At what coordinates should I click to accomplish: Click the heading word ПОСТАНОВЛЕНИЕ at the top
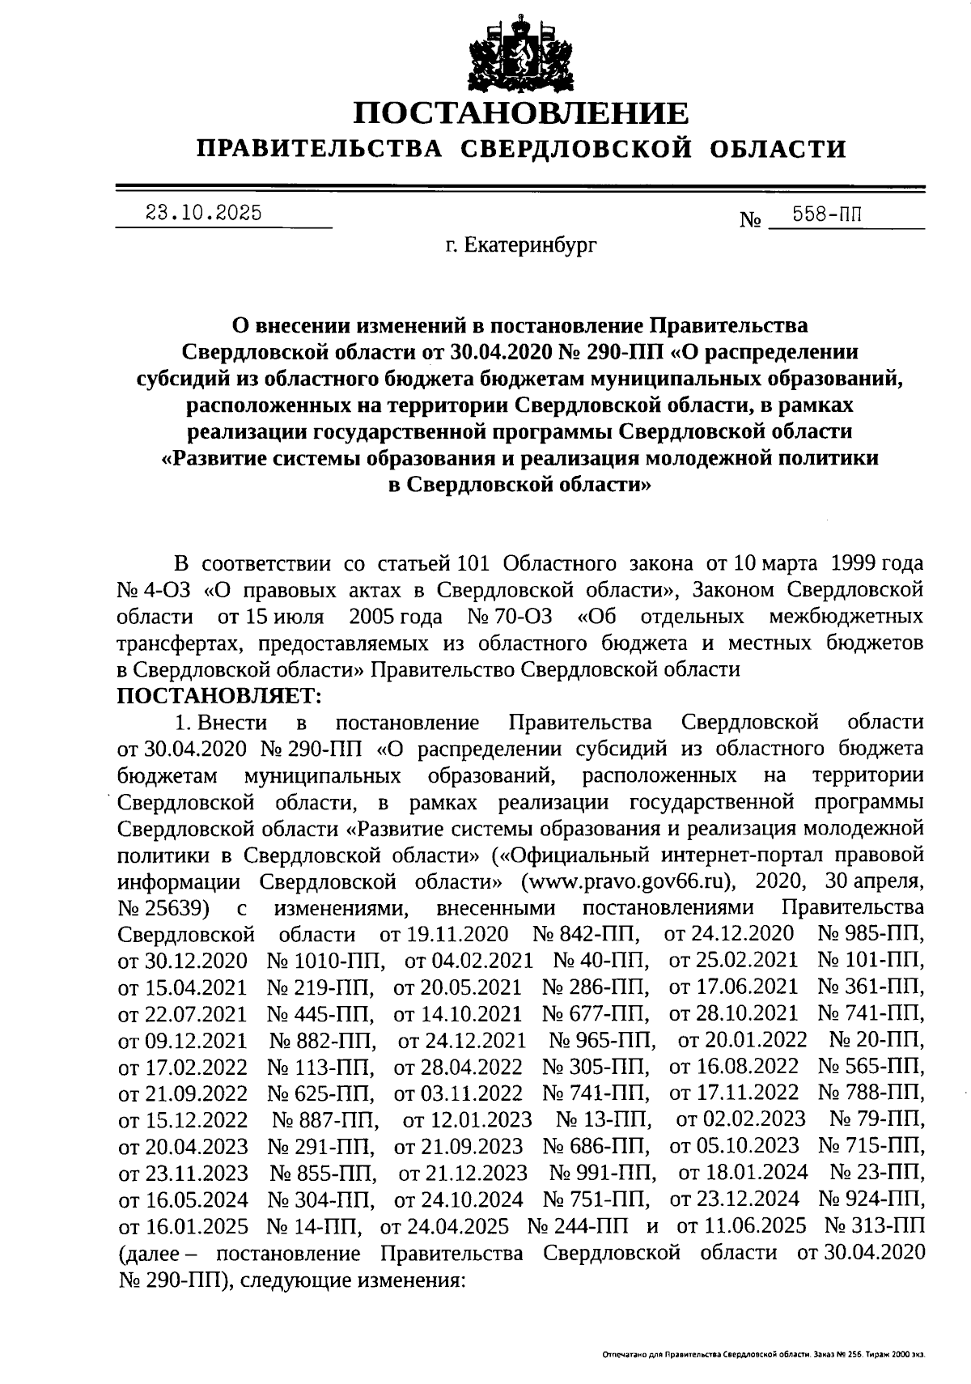click(521, 114)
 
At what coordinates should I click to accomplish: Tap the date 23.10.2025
click(203, 213)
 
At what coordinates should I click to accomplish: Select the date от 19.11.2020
click(444, 934)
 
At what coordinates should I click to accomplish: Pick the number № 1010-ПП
click(325, 961)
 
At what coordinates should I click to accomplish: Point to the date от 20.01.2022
click(742, 1040)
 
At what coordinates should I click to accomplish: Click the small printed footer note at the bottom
click(763, 1353)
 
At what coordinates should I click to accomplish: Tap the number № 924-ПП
click(871, 1199)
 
